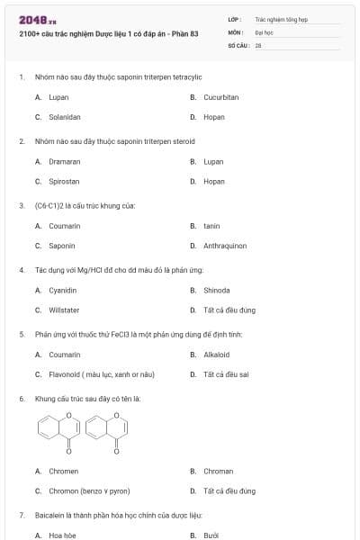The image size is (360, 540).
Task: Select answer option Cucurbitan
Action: click(x=220, y=97)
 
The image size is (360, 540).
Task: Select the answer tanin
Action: click(x=211, y=226)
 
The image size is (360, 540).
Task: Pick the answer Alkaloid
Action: click(x=217, y=355)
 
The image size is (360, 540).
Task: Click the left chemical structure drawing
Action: click(x=56, y=429)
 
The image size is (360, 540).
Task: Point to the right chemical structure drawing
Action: click(x=105, y=429)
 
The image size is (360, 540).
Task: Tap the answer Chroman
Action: click(x=218, y=472)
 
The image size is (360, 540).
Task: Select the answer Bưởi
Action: click(x=211, y=535)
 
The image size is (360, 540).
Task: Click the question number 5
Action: click(x=21, y=334)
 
